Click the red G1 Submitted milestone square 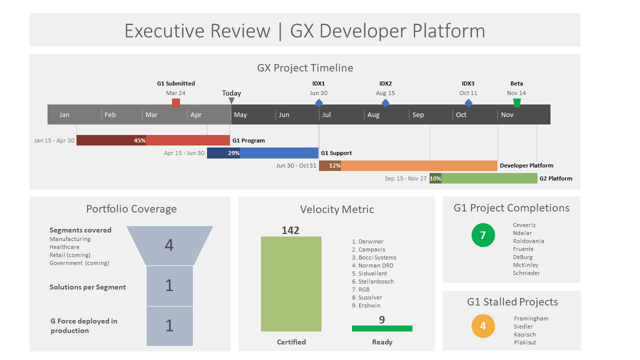(x=176, y=103)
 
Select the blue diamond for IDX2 (x=385, y=103)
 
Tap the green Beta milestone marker (x=517, y=103)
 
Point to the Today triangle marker (x=231, y=101)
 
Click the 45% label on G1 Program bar (x=139, y=140)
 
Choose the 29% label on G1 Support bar (x=233, y=153)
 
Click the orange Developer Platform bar (x=418, y=165)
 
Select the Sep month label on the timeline (x=418, y=114)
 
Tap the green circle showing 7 (x=483, y=235)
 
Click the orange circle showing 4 (x=483, y=326)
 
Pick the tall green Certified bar (x=291, y=283)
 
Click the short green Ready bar (x=382, y=328)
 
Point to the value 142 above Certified (x=290, y=230)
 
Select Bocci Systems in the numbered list (x=377, y=257)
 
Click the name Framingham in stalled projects (x=531, y=318)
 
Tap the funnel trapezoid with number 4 (x=169, y=245)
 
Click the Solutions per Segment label (x=87, y=287)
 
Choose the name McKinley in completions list (x=525, y=265)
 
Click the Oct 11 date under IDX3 (x=468, y=93)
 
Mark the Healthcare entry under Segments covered (x=64, y=247)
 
